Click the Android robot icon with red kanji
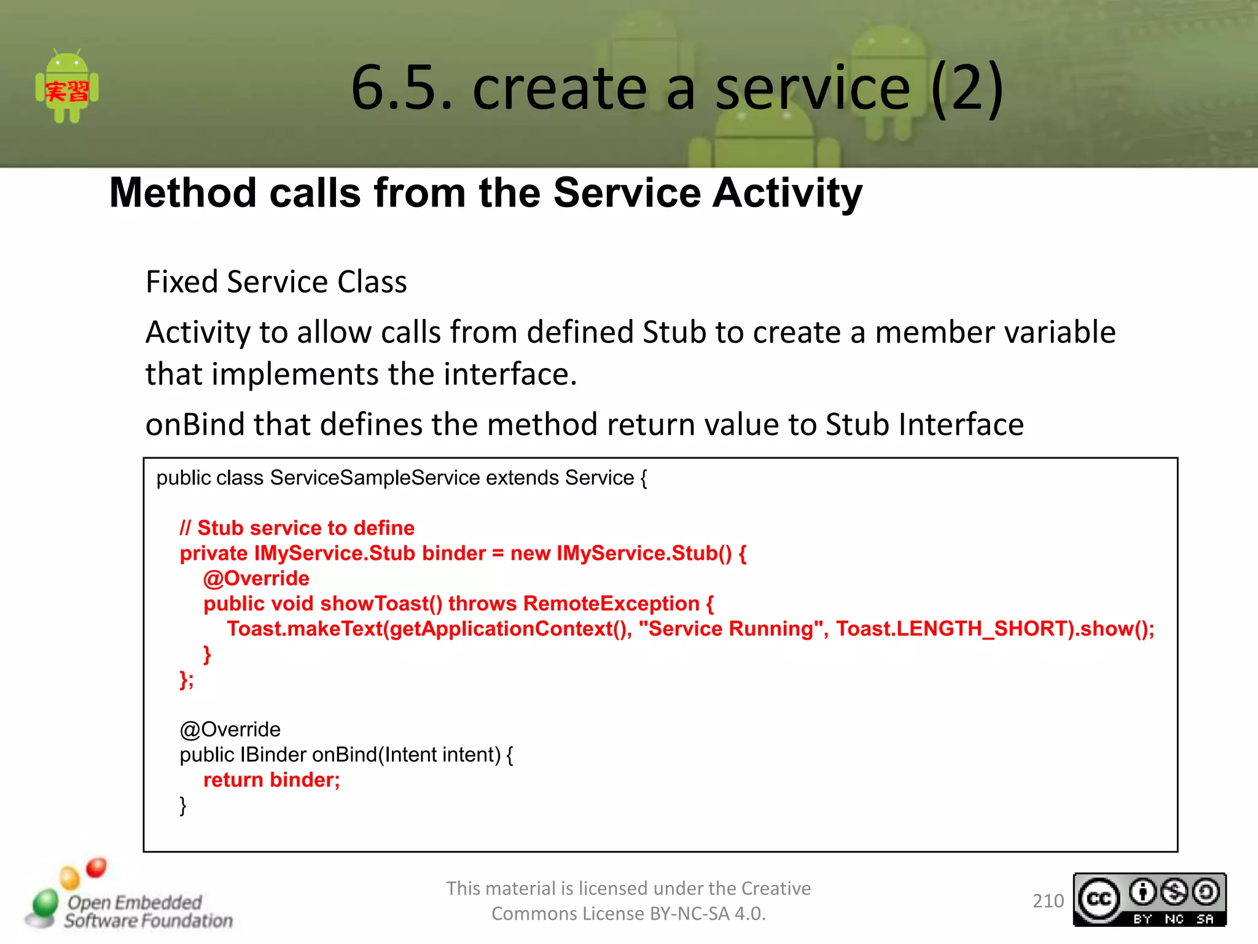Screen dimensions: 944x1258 (67, 87)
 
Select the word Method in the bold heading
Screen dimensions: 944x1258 (182, 194)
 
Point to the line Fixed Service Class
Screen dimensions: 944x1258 (276, 283)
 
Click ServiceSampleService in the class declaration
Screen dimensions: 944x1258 (375, 478)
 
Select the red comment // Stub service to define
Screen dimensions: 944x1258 (297, 528)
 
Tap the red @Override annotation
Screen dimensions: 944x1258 (256, 578)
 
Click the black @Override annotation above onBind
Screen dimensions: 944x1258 (230, 730)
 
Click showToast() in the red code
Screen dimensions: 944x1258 (381, 604)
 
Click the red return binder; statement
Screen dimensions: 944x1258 (272, 780)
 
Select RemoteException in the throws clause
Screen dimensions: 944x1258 (611, 604)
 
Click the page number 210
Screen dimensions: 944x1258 (1048, 901)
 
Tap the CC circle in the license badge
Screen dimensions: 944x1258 (1099, 899)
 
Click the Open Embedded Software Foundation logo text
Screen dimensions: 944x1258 (147, 911)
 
